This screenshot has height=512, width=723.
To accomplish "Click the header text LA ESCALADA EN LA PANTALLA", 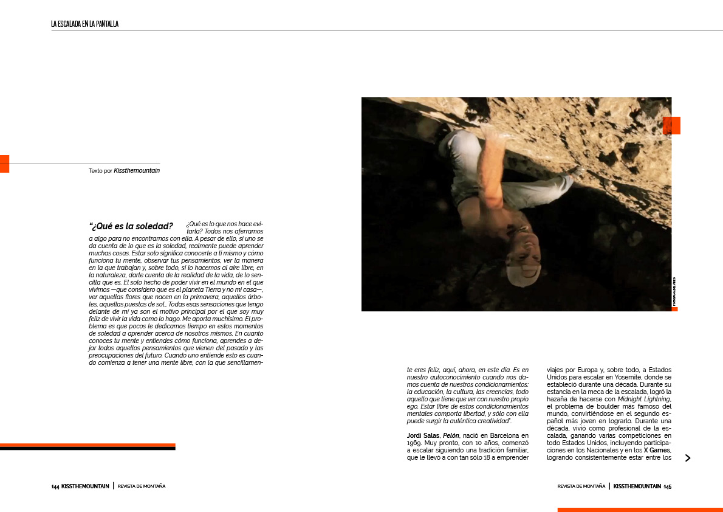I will click(84, 24).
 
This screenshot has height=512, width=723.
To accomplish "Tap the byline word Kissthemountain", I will click(137, 171).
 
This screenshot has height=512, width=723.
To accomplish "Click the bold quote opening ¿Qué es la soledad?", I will click(131, 227).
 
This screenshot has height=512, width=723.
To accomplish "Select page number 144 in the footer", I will click(55, 486).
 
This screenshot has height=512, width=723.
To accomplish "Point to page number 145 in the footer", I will click(667, 486).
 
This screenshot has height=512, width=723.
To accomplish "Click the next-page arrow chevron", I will click(688, 458).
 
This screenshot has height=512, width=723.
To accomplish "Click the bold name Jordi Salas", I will click(423, 435).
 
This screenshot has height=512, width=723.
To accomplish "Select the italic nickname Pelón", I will click(450, 435).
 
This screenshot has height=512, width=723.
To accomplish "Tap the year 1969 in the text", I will click(414, 443).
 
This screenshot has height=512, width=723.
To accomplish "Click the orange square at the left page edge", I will click(4, 164).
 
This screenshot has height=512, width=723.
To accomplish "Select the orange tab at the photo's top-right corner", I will click(671, 125).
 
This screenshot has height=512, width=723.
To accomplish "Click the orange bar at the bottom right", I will click(640, 510).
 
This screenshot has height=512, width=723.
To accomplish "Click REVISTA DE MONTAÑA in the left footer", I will click(142, 486).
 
